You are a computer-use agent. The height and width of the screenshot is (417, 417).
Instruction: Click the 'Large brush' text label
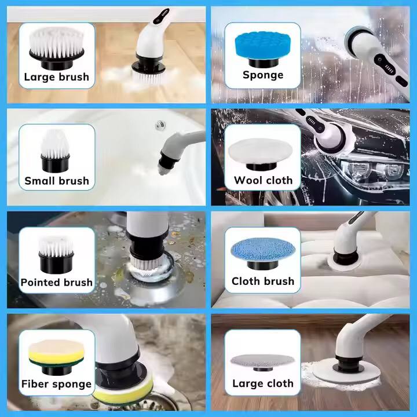(56, 76)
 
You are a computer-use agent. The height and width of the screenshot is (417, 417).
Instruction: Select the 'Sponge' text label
(263, 75)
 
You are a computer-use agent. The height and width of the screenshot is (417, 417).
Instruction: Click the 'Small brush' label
(57, 181)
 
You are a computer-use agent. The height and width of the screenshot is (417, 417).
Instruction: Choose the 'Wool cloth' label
(263, 180)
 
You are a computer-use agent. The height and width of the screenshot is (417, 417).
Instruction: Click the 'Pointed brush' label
(57, 283)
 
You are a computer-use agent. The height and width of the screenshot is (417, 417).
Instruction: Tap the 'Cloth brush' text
(263, 281)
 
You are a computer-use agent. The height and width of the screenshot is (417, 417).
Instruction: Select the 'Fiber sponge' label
(57, 384)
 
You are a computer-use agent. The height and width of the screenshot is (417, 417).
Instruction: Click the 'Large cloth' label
(263, 383)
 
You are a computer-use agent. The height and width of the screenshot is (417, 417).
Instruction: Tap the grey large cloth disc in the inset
(262, 359)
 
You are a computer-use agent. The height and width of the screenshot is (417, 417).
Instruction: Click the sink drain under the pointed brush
(152, 277)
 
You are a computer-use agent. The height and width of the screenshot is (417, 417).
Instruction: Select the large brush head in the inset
(56, 43)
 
